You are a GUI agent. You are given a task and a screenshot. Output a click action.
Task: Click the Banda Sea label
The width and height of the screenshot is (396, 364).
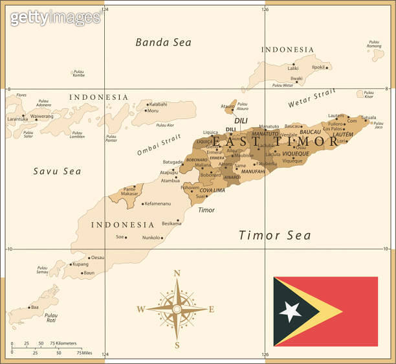(x=163, y=43)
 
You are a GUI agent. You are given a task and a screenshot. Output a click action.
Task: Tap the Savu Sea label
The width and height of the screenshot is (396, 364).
(x=57, y=172)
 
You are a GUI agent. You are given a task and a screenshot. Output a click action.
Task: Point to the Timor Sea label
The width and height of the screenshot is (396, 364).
(x=274, y=236)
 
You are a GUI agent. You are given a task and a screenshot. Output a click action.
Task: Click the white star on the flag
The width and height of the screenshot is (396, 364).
(x=290, y=312)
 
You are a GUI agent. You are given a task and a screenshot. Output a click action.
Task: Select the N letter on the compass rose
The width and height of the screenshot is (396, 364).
(x=177, y=273)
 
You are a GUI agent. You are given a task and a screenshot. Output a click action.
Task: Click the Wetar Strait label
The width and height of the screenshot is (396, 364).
(x=312, y=98)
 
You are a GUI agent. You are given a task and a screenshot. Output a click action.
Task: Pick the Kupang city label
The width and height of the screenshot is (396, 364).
(x=80, y=264)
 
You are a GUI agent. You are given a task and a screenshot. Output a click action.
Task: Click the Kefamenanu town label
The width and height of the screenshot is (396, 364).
(x=159, y=203)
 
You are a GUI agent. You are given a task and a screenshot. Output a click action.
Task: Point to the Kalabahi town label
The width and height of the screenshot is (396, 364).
(x=159, y=104)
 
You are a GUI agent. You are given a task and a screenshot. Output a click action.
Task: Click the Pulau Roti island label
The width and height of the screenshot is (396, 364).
(x=51, y=317)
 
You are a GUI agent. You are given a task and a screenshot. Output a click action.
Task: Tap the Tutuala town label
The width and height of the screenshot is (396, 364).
(x=368, y=118)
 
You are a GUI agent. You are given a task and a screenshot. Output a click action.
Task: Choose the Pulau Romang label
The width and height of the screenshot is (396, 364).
(x=374, y=45)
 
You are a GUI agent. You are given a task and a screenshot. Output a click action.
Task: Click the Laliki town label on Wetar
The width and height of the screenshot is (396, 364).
(x=293, y=68)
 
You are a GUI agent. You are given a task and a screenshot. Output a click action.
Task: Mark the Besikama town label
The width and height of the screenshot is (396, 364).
(x=171, y=223)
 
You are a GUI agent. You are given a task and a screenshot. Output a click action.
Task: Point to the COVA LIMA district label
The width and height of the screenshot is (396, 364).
(x=212, y=190)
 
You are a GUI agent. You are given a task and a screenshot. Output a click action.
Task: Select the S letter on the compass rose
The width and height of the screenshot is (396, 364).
(x=177, y=345)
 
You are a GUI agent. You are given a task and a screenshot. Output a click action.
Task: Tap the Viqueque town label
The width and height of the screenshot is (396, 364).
(x=292, y=161)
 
